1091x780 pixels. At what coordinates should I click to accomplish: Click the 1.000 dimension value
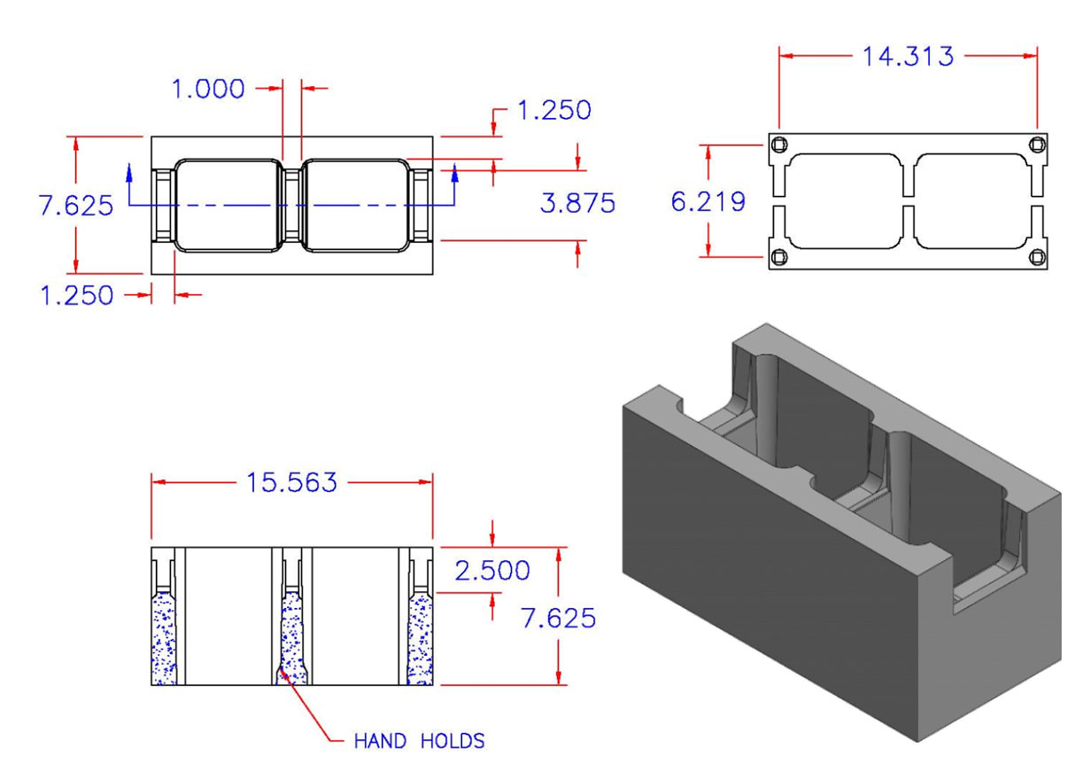coord(208,89)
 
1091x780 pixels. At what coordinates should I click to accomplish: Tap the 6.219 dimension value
coord(708,202)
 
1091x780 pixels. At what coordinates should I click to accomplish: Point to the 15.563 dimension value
coord(292,483)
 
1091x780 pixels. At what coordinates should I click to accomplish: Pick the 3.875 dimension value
coord(577,203)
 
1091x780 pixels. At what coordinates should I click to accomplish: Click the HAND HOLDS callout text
coord(419,741)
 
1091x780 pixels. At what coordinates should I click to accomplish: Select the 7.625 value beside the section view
coord(558,618)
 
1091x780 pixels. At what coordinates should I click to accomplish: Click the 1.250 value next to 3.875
coord(553,111)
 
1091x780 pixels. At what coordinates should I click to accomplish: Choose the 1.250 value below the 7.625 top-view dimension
coord(77,295)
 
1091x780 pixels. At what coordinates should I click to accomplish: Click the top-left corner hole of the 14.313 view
coord(779,145)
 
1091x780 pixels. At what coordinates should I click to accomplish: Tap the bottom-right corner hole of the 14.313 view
coord(1036,257)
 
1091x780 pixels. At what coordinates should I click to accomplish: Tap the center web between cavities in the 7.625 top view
coord(292,207)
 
